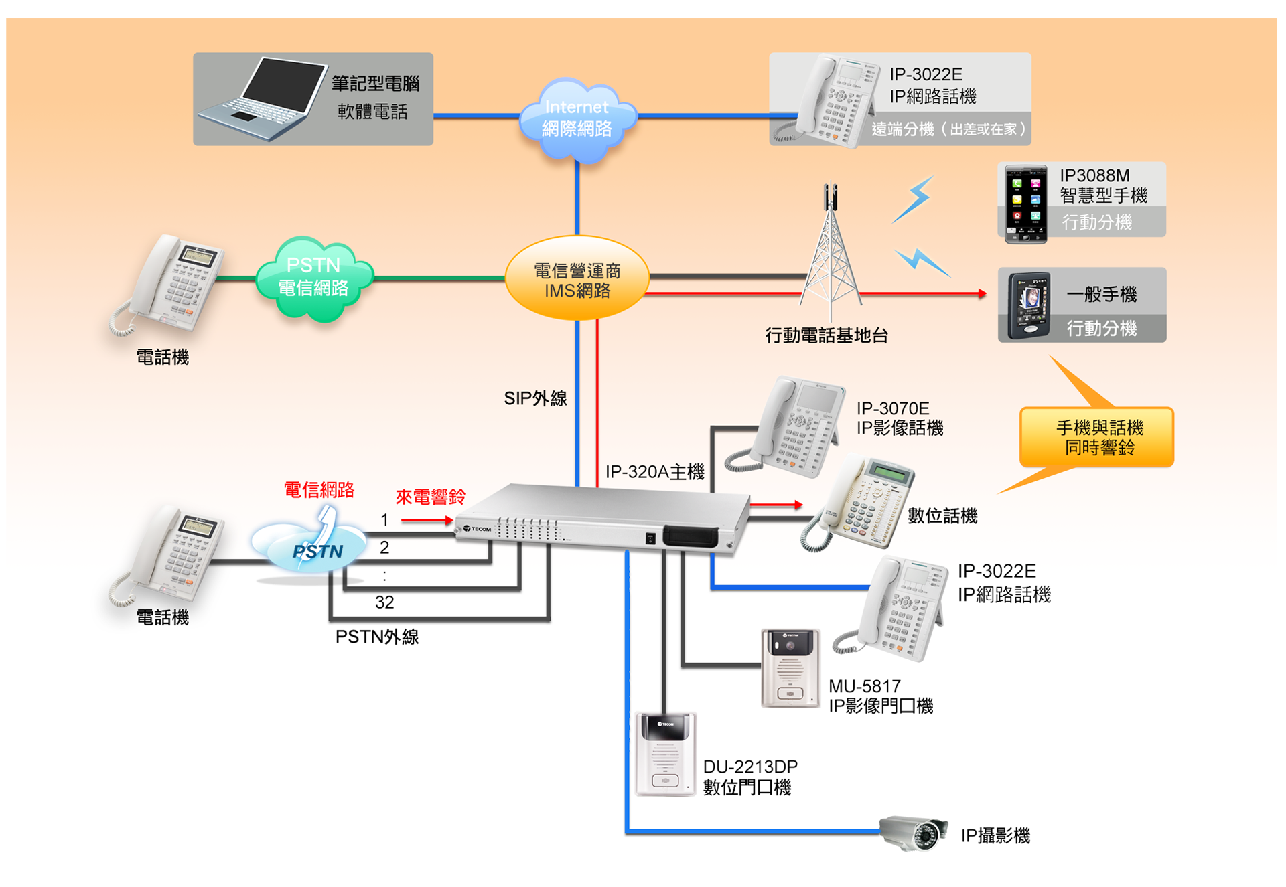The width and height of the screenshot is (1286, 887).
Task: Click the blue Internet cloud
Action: coord(577,119)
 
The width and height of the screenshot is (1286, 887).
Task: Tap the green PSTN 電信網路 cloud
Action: coord(313,278)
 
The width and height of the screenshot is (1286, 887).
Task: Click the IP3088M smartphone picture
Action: coord(1025,204)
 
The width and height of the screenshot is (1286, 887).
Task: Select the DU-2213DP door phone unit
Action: coord(665,754)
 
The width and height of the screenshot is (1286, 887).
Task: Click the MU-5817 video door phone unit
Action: coord(790,667)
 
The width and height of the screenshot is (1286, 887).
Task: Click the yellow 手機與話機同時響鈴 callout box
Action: coord(1097,437)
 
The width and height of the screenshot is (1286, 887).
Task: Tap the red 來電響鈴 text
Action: coord(430,497)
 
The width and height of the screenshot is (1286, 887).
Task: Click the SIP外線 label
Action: coord(535,398)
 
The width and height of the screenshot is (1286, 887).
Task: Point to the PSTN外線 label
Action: coord(377,637)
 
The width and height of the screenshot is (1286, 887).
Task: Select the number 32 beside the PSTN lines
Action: coord(384,602)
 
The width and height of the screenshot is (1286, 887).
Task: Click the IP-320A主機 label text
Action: coord(654,472)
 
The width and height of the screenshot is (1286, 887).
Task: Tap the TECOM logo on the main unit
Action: coord(477,529)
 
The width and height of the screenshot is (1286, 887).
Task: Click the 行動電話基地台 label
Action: coord(827,335)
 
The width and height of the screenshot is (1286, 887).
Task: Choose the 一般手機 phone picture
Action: coord(1029,305)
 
